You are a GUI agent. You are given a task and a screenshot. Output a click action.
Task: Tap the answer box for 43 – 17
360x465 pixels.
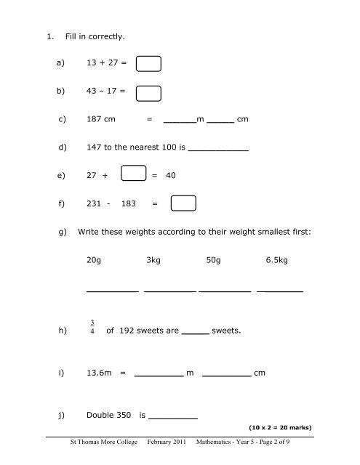click(x=148, y=94)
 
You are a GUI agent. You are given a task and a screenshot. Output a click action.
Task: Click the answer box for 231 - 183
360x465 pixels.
click(x=184, y=204)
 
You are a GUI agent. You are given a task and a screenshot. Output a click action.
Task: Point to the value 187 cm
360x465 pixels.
click(x=100, y=120)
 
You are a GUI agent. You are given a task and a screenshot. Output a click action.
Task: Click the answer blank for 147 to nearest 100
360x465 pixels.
click(x=218, y=147)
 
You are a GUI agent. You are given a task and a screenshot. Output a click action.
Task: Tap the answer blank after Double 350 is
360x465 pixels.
click(x=174, y=416)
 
